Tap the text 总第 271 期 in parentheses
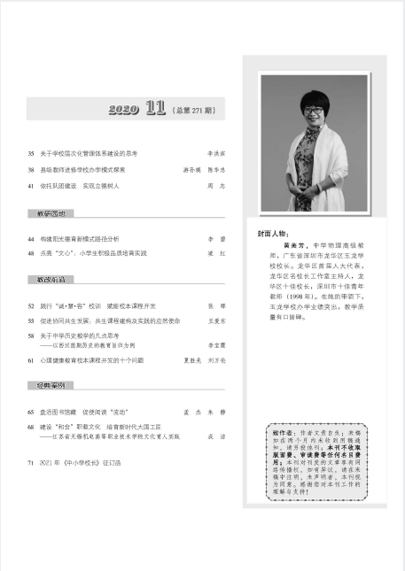pos(194,111)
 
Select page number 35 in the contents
pos(31,153)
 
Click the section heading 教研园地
pos(50,213)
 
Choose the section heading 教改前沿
pos(50,279)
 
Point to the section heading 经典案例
pos(50,388)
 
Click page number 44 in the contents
pos(31,239)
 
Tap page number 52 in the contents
pos(31,305)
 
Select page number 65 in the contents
pos(31,413)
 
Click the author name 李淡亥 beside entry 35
pos(215,153)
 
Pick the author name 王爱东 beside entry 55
pos(215,320)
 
